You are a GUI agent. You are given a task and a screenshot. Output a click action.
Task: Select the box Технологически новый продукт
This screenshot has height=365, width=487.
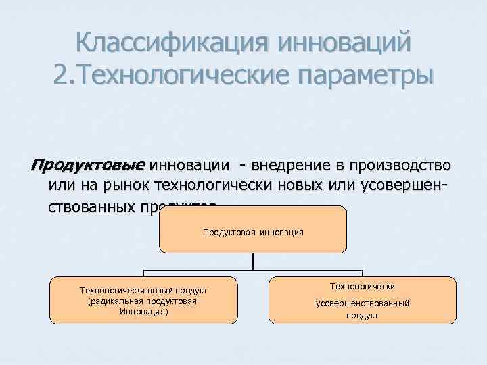click(143, 300)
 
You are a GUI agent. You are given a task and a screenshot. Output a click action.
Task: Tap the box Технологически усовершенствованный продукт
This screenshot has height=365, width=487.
click(362, 300)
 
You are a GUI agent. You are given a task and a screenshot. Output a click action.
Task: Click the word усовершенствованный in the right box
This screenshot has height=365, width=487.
click(362, 303)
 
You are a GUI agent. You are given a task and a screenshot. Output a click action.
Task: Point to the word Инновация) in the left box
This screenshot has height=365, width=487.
click(143, 312)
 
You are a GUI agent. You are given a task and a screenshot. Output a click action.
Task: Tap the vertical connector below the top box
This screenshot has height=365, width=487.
click(253, 262)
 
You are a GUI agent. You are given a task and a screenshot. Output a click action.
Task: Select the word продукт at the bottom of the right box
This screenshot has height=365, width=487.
click(362, 316)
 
